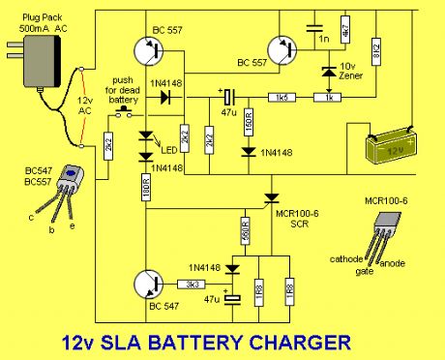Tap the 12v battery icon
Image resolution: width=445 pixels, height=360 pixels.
392,148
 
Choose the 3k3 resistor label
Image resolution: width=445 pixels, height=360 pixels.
191,285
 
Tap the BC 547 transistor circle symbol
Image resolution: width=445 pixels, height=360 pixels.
154,285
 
